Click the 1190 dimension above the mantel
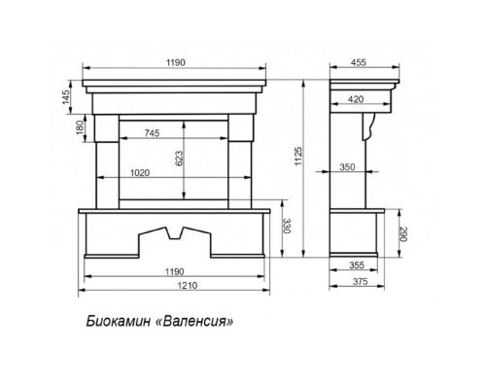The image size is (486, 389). tap(176, 62)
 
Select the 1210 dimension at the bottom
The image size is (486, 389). tap(188, 286)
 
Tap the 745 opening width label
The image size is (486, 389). tap(152, 133)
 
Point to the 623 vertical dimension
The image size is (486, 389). tap(179, 159)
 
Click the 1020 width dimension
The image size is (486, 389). tap(140, 173)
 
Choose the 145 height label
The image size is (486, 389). tap(66, 97)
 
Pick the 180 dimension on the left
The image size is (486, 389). tap(80, 127)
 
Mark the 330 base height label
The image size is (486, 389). tap(287, 227)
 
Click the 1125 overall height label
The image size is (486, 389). tap(298, 156)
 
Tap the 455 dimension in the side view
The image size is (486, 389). tap(359, 62)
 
